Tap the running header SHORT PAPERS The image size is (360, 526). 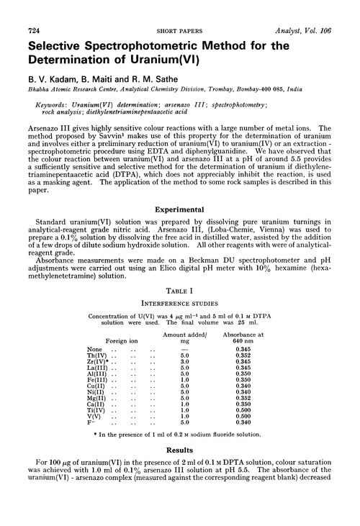coord(179,8)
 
